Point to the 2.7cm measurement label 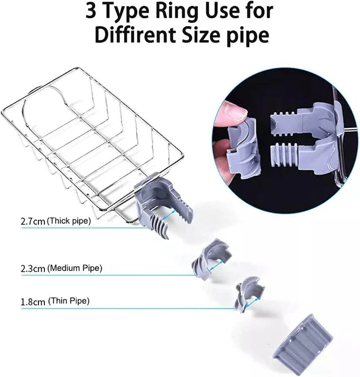(33, 221)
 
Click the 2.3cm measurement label (33, 269)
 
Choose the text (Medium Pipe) (74, 269)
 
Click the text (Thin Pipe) (69, 302)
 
